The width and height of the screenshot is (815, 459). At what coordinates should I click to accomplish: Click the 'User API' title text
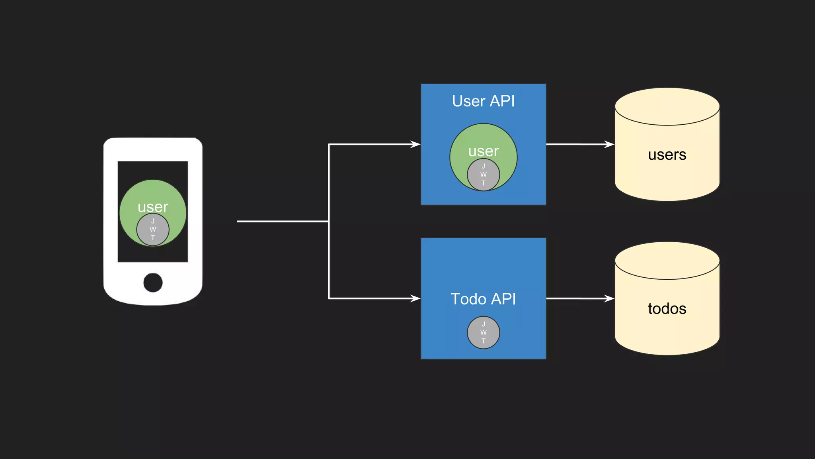[x=483, y=101]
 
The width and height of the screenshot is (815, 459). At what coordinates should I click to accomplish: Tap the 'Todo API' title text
[x=483, y=299]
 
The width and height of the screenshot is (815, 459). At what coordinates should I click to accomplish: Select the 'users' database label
[x=667, y=155]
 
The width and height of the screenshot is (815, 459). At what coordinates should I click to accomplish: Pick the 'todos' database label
[x=667, y=309]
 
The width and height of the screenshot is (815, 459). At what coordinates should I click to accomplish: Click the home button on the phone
[x=153, y=282]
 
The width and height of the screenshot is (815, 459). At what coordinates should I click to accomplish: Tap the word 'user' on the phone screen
[x=153, y=207]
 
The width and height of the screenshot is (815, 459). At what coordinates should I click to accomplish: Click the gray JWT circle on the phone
[x=153, y=229]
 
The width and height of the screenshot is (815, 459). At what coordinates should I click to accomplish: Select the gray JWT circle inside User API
[x=483, y=175]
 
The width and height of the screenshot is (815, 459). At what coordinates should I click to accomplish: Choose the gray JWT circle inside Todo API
[x=483, y=333]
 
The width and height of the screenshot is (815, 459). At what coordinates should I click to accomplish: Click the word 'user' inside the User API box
[x=483, y=151]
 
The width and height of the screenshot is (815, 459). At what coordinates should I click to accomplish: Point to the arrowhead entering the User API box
[x=416, y=144]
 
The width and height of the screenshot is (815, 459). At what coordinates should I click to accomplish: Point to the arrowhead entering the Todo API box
[x=416, y=298]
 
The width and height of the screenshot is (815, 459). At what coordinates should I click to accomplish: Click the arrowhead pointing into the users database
[x=610, y=144]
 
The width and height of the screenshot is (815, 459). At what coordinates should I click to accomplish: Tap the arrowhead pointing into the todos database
[x=610, y=298]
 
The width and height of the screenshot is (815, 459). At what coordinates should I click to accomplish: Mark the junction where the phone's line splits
[x=329, y=221]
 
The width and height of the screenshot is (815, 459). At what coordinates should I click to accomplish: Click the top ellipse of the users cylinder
[x=667, y=107]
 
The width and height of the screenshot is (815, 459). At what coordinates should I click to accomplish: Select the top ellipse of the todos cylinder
[x=667, y=261]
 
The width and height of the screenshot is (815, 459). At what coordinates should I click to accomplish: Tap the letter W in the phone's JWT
[x=153, y=229]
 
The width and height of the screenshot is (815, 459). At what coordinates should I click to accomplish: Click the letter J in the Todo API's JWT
[x=483, y=324]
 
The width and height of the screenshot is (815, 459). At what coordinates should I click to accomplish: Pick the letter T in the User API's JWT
[x=483, y=183]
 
